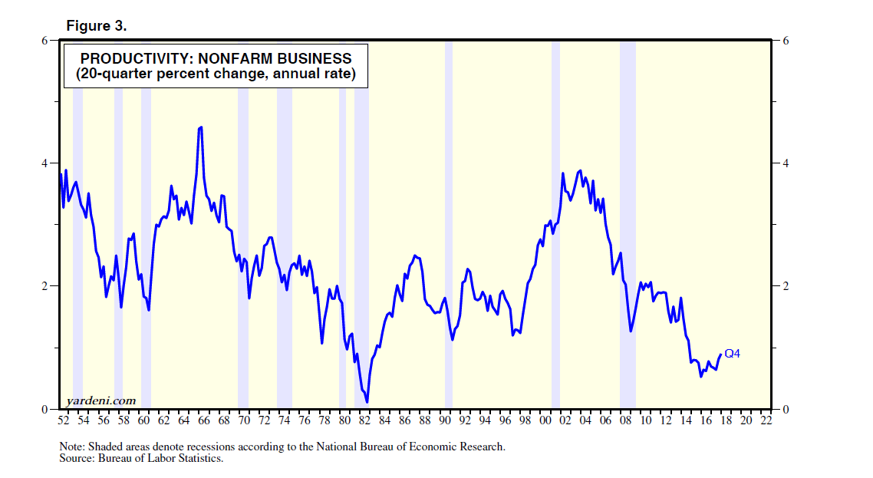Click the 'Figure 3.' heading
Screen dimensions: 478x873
[x=96, y=26]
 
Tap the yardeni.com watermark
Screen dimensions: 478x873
[x=100, y=400]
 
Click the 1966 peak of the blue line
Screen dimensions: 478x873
[x=200, y=127]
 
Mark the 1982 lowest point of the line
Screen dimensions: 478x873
[x=367, y=401]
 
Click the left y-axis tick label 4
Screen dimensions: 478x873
[x=45, y=163]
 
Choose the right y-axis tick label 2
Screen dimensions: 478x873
[x=786, y=286]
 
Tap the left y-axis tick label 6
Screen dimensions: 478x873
[x=45, y=41]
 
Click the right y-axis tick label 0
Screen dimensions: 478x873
[x=786, y=409]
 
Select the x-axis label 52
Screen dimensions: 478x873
[x=64, y=421]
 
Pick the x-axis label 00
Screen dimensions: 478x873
[x=545, y=421]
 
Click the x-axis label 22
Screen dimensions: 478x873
[x=765, y=421]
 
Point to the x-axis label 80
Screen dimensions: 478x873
[x=344, y=421]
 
